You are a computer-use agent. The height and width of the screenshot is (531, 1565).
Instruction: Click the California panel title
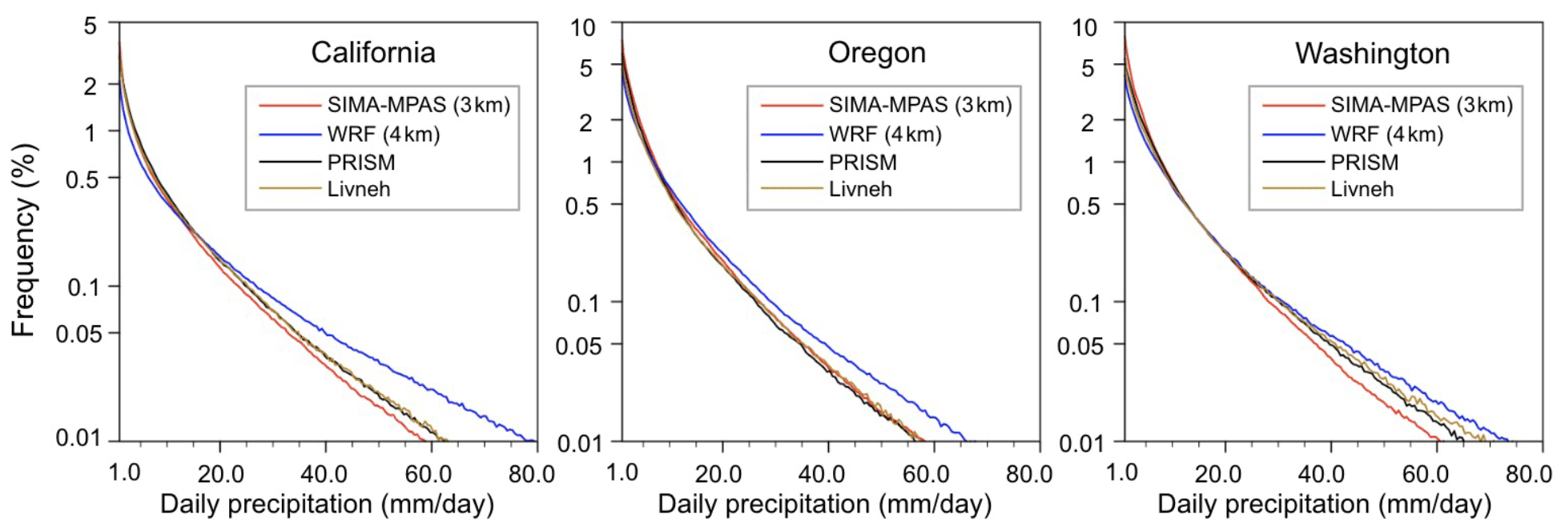click(x=373, y=53)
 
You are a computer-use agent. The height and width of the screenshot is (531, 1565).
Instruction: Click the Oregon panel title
click(x=876, y=53)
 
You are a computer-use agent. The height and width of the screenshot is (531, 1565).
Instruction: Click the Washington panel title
click(x=1372, y=54)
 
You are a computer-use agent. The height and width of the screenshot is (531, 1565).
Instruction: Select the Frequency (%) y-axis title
click(x=24, y=240)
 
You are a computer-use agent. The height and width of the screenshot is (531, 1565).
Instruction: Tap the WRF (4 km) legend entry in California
click(x=383, y=134)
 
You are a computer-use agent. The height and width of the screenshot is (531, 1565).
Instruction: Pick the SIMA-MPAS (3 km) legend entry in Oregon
click(x=919, y=105)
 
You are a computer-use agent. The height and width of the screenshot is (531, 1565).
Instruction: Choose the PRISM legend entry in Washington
click(x=1364, y=163)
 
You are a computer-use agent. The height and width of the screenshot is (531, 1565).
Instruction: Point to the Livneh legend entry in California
click(x=358, y=189)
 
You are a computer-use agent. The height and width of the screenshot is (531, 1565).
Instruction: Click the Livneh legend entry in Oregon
click(x=859, y=189)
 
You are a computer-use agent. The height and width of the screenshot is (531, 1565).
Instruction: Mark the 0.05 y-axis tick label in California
click(x=78, y=333)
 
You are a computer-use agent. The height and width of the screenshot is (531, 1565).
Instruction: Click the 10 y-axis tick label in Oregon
click(x=582, y=28)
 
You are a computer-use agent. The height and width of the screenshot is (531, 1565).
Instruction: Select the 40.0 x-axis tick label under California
click(x=324, y=474)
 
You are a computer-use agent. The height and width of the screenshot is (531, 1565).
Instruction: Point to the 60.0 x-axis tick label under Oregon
click(x=926, y=474)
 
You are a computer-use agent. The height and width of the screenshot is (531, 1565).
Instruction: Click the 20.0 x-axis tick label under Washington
click(x=1218, y=474)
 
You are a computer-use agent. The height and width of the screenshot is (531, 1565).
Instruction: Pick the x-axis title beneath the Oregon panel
click(x=824, y=505)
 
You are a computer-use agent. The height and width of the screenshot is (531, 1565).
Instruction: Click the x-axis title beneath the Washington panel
click(x=1324, y=505)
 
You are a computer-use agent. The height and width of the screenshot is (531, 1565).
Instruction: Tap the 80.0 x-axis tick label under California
click(x=532, y=474)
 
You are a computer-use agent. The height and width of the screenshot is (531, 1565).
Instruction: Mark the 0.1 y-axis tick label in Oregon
click(x=583, y=304)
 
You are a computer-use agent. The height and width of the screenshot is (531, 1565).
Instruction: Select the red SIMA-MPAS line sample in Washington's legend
click(x=1293, y=105)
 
